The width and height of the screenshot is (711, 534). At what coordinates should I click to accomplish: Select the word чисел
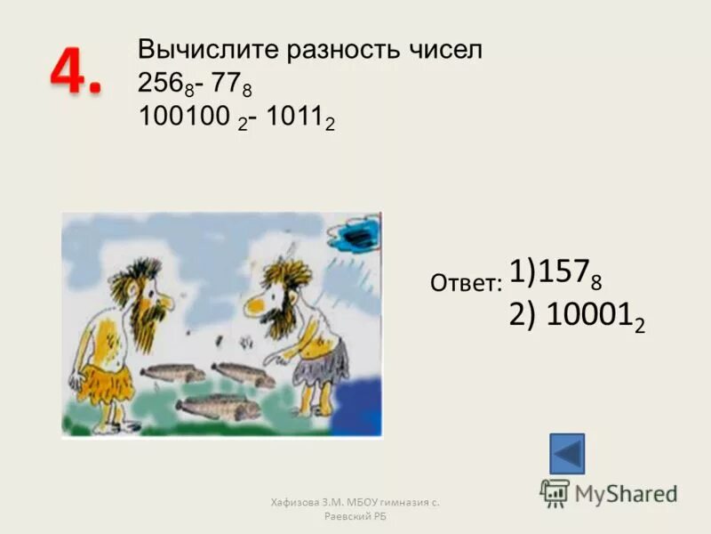[x=448, y=51]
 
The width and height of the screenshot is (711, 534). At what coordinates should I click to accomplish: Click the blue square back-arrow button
[x=567, y=454]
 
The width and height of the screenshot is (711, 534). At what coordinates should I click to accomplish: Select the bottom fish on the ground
[x=218, y=407]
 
